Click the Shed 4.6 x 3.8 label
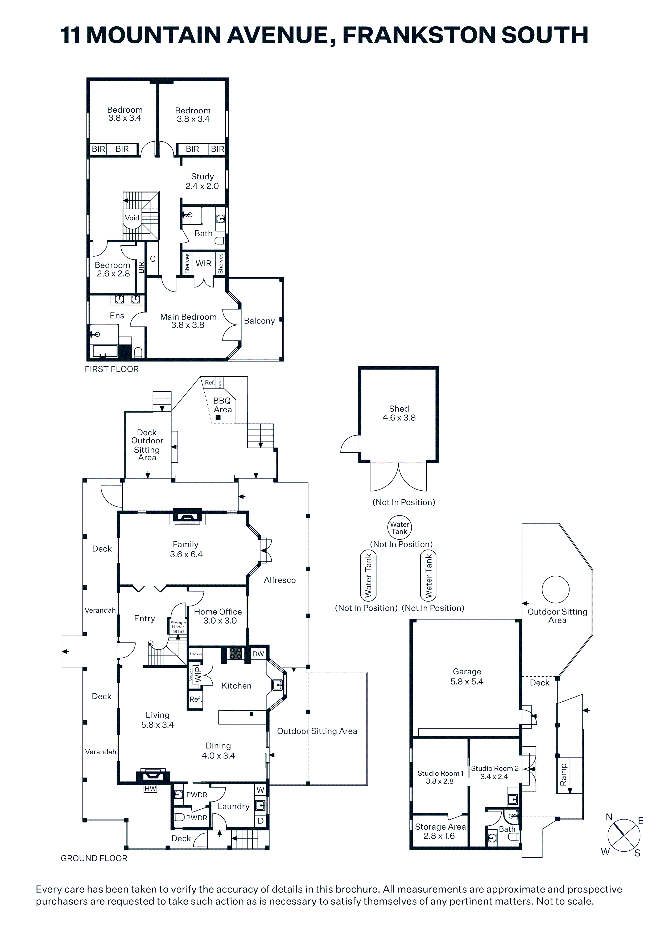(399, 413)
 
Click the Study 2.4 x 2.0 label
(202, 181)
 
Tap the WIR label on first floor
(203, 263)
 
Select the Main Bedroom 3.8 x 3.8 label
(188, 321)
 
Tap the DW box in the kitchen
(258, 654)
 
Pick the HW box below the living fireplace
(150, 789)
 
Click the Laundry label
(233, 806)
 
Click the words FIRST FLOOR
(112, 369)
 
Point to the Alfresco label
(280, 580)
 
